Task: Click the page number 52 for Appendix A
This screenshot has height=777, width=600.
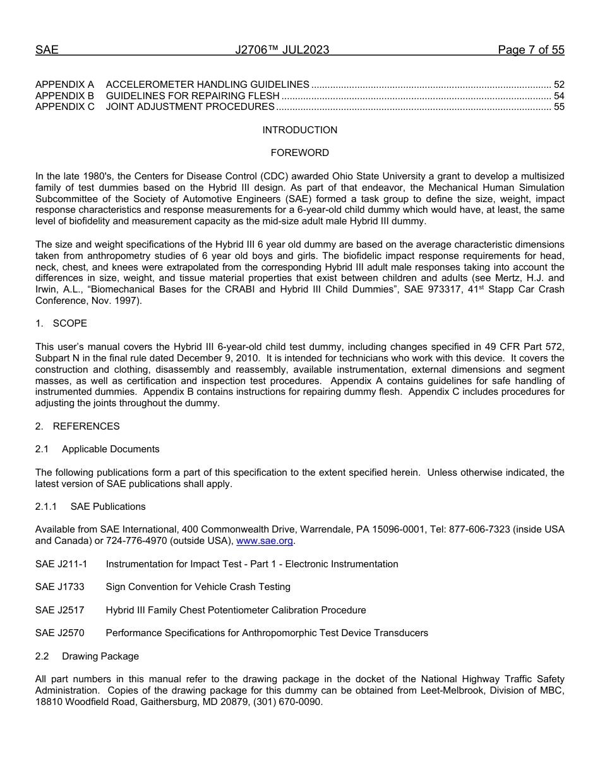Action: point(558,85)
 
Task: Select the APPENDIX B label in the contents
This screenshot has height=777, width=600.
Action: point(64,96)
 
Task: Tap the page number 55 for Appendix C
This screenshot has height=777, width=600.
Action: point(558,107)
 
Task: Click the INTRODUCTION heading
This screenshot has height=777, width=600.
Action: point(299,130)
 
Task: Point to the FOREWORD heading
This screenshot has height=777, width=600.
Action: point(299,153)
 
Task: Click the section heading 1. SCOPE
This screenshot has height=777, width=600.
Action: point(61,323)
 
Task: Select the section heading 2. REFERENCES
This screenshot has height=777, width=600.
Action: point(77,426)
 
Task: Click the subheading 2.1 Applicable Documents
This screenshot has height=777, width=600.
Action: point(97,449)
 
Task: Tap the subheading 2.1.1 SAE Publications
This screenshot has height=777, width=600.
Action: point(90,507)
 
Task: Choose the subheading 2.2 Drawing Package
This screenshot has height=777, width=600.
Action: point(87,656)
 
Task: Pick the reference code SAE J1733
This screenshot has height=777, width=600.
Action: point(60,587)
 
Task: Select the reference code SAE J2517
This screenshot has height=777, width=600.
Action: point(60,610)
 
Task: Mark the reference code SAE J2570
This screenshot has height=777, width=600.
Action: point(60,633)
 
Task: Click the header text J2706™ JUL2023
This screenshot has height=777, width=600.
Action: point(282,50)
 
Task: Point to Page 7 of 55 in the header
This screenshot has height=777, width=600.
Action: point(531,50)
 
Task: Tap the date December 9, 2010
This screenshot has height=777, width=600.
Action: point(219,358)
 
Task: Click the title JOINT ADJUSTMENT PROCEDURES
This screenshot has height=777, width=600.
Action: point(190,107)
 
